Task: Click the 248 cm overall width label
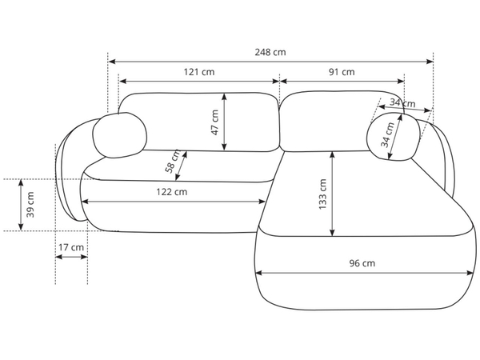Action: [270, 52]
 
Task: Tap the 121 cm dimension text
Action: [199, 72]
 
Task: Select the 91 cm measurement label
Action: [342, 72]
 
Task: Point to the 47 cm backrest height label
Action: [215, 122]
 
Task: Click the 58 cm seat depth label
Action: [173, 162]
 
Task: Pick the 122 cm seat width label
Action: [172, 192]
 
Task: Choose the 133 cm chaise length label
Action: [322, 194]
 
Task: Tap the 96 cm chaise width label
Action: [362, 263]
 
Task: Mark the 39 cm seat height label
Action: [30, 205]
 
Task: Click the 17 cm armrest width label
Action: [71, 247]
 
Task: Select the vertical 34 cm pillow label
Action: [387, 134]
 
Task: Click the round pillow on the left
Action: [120, 135]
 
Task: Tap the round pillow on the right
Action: [394, 136]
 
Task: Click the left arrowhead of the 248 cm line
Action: [112, 62]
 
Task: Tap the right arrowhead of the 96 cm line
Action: [470, 273]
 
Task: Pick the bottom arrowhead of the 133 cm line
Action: [333, 232]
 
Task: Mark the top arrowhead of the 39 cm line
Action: [21, 182]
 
